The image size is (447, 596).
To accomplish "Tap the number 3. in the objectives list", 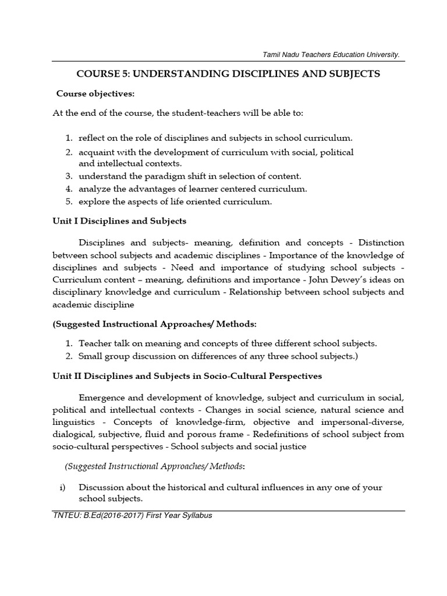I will point(68,175).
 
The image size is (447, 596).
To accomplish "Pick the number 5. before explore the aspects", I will point(68,202).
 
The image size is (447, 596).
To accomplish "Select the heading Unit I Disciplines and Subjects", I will point(119,221).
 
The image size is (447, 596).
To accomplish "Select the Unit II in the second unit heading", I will point(65,377).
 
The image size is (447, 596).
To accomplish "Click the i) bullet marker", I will point(62,487).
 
